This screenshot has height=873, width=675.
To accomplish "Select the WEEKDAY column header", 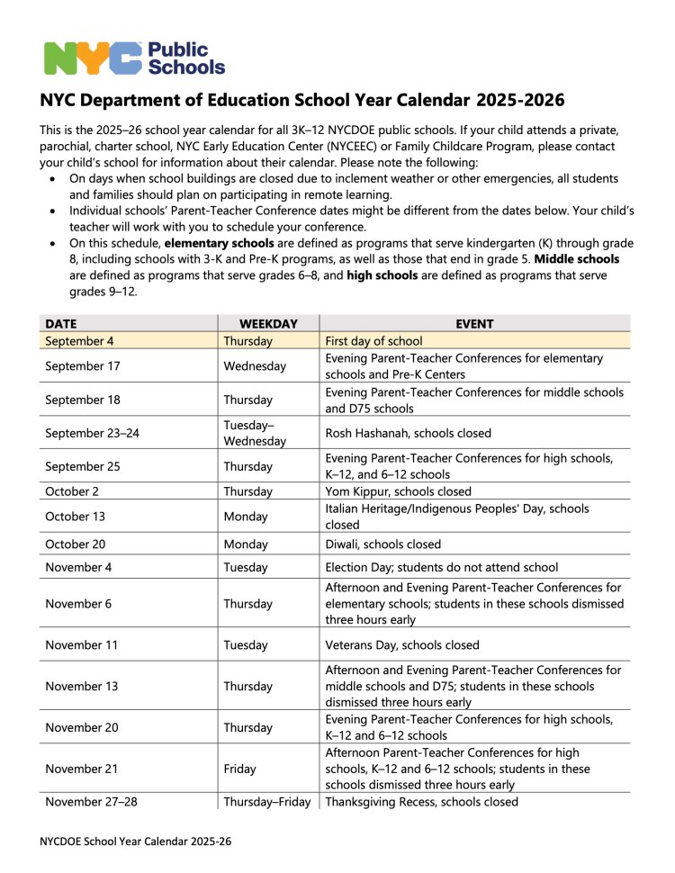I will coord(269,324).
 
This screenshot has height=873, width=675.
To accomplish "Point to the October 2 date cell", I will coord(73,491).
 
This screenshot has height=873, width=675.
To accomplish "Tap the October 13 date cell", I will coord(76,517).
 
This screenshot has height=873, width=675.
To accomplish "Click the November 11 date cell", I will coord(81,644).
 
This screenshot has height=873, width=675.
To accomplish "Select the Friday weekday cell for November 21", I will coord(239,769).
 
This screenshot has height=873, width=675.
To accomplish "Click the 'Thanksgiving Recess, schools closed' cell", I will coord(421,801).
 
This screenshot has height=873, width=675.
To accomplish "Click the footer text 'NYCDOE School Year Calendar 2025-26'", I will coord(136,842).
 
